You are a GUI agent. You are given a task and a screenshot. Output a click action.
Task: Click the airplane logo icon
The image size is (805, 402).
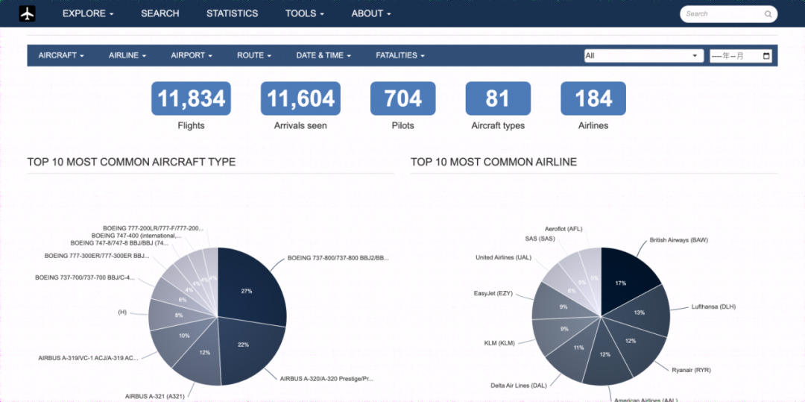point(28,13)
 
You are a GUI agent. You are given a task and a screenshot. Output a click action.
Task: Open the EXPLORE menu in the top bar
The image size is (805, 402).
point(88,13)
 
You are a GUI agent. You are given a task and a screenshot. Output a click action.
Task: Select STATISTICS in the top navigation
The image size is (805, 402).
point(232,13)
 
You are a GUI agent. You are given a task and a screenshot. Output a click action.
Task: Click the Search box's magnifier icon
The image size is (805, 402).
point(768,13)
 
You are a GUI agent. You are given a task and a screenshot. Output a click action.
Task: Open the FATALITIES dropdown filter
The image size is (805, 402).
point(400,55)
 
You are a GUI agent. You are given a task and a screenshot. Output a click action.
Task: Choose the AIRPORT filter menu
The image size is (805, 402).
point(192,55)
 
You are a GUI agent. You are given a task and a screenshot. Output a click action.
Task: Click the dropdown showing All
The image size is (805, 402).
point(643,56)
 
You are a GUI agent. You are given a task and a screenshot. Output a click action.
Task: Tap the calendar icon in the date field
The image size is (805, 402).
point(765,56)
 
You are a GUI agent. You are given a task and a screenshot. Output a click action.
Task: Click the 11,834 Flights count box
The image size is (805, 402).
point(191,98)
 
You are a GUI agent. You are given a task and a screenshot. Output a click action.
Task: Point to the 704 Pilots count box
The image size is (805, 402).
point(402,98)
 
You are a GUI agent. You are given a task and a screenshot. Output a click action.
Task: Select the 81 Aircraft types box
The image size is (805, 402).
point(498,98)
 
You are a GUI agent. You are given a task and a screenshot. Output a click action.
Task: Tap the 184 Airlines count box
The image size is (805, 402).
point(593,98)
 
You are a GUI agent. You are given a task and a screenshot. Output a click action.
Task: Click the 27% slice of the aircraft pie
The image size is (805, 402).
point(250,287)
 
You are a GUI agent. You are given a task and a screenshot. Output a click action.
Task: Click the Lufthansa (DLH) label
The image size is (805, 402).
point(713,307)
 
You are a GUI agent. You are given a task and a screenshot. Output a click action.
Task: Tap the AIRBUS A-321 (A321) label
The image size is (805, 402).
point(154,396)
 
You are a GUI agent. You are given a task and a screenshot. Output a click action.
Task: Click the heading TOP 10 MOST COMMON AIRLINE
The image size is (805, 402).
point(493,162)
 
